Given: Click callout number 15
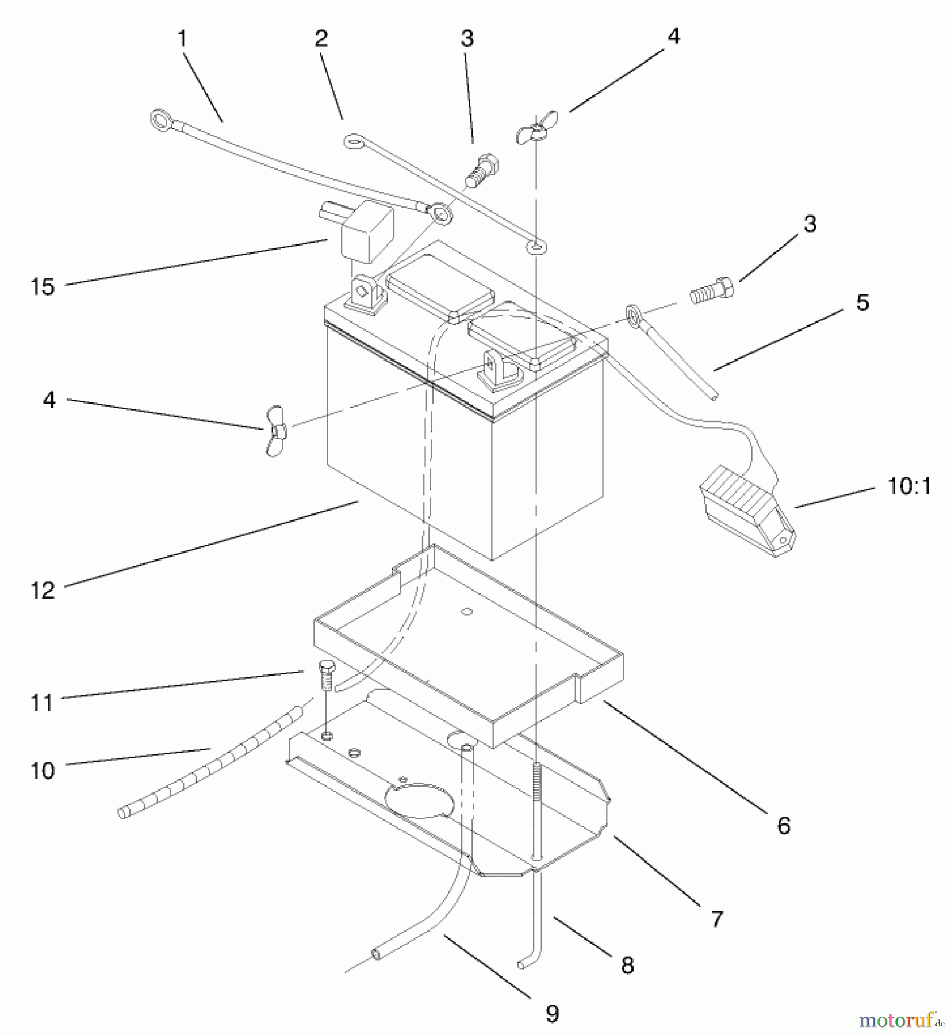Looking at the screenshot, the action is click(x=43, y=286).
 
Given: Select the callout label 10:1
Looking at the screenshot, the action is click(x=909, y=487).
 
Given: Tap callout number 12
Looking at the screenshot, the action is click(x=43, y=590).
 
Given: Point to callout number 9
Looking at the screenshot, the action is click(x=552, y=1014).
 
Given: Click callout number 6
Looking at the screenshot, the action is click(x=784, y=826).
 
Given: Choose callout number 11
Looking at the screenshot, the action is click(x=42, y=703).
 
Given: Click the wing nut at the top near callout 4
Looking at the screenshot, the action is click(x=535, y=131).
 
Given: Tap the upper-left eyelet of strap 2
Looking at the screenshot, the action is click(x=352, y=140).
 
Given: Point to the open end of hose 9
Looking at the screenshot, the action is click(x=377, y=954).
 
